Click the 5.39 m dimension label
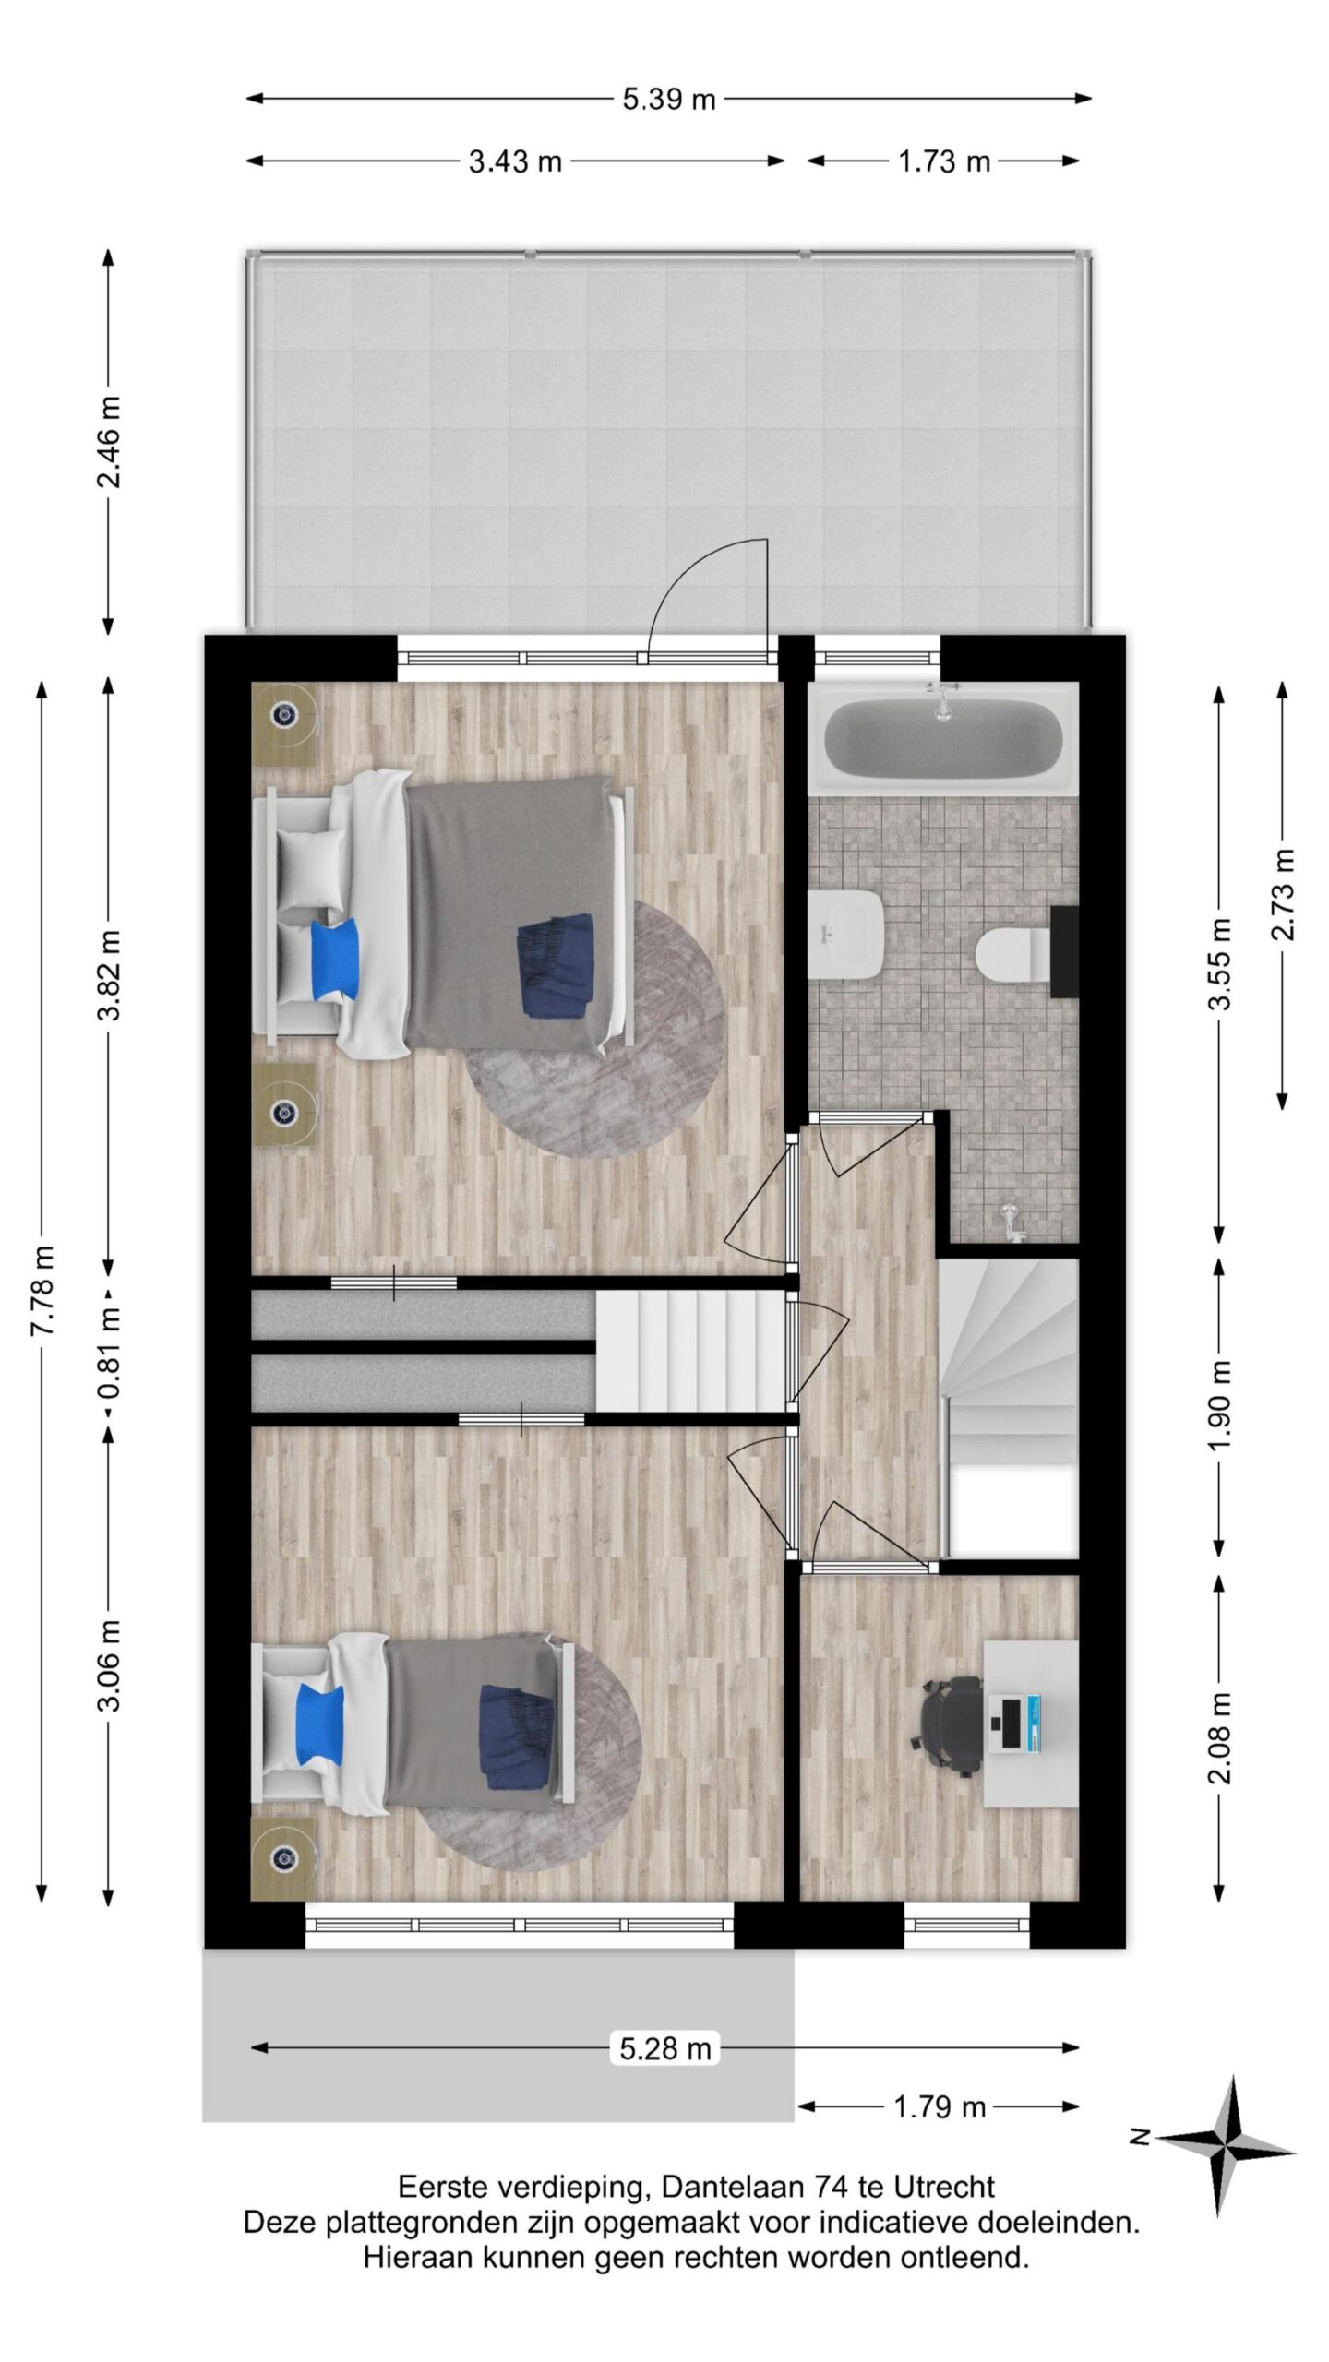tap(669, 100)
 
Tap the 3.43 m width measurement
tap(515, 161)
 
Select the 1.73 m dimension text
tap(943, 161)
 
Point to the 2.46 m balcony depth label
tap(110, 441)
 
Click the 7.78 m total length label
tap(42, 1290)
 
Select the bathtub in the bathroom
tap(942, 736)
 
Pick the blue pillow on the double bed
tap(335, 959)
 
